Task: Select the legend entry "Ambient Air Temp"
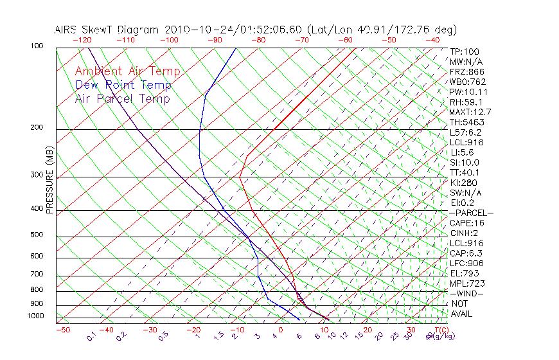pyautogui.click(x=127, y=71)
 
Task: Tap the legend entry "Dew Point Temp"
pyautogui.click(x=123, y=85)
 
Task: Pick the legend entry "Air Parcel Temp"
pyautogui.click(x=122, y=98)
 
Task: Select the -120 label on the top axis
pyautogui.click(x=82, y=40)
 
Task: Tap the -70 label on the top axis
pyautogui.click(x=301, y=40)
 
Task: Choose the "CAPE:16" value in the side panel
pyautogui.click(x=467, y=222)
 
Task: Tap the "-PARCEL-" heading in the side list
pyautogui.click(x=471, y=212)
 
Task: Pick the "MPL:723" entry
pyautogui.click(x=466, y=283)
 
